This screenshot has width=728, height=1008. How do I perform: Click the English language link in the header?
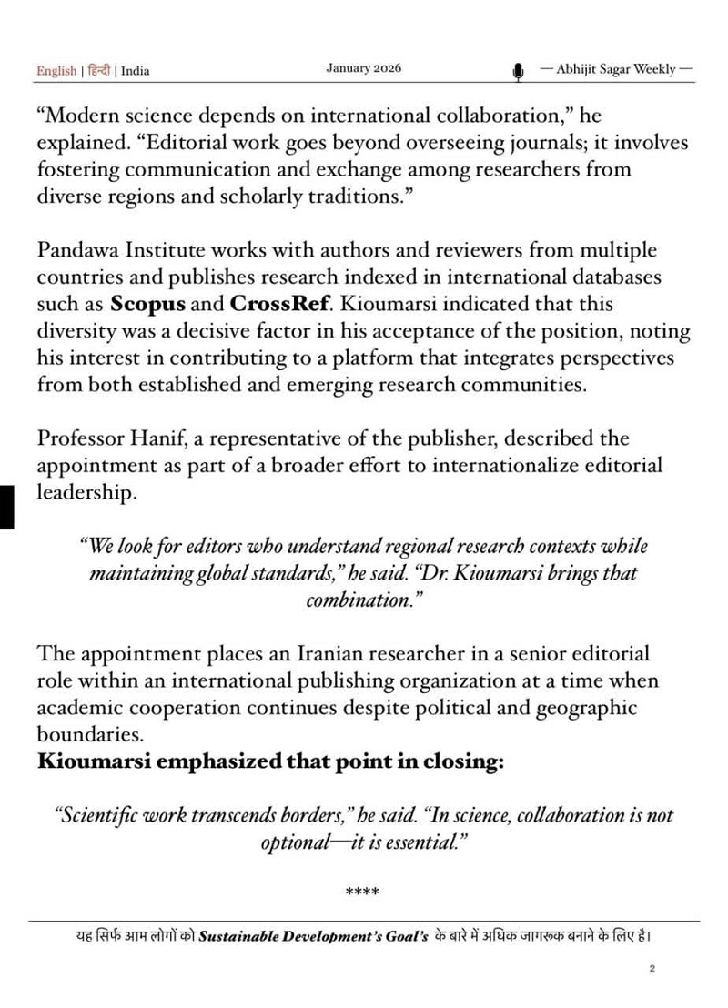56,71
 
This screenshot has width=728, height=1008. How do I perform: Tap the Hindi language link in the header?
99,71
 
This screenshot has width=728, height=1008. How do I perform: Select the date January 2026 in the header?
363,68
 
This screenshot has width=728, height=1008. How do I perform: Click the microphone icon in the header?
518,71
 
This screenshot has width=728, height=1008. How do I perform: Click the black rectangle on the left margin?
6,507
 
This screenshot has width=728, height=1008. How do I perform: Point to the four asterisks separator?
363,892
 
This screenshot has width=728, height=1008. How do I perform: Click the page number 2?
652,969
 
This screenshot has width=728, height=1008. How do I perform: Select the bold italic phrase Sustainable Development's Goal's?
314,935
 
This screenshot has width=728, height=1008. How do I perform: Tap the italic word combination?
363,601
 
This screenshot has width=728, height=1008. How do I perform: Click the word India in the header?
136,71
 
